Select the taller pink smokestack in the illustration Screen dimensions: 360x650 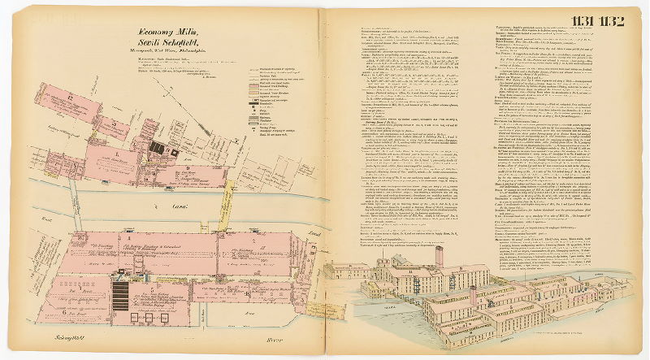(x=439, y=255)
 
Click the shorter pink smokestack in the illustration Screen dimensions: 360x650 (x=473, y=294)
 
